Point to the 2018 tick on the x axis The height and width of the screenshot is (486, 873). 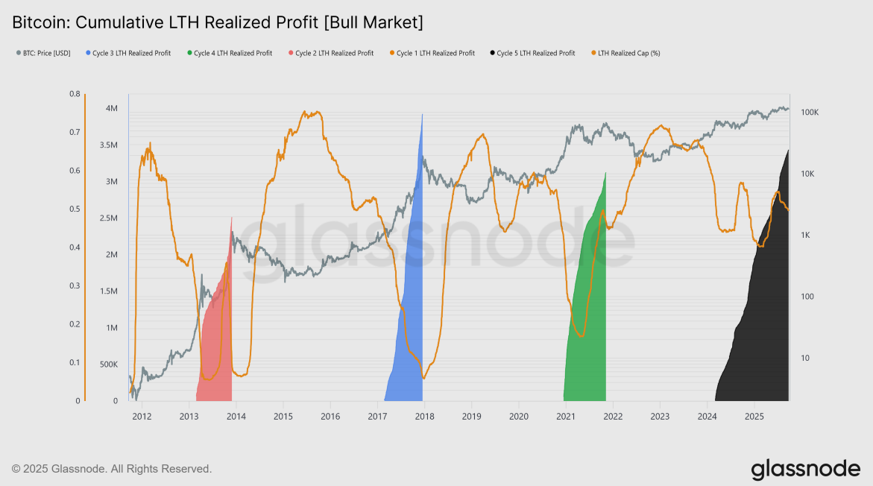point(424,415)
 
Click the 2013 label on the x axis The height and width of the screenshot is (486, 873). point(189,415)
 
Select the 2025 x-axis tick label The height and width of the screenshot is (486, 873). point(754,415)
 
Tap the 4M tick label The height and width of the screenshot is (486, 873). point(112,109)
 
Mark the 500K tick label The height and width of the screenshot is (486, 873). point(108,364)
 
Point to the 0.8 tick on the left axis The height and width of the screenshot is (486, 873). point(75,95)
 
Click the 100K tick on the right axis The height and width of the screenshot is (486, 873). point(810,113)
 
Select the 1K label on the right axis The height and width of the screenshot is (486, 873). point(807,236)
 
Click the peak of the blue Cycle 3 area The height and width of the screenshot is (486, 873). point(423,115)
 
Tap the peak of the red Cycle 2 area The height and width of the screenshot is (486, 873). point(232,218)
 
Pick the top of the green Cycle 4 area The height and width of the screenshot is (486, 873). point(605,173)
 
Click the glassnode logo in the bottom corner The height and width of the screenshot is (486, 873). point(805,469)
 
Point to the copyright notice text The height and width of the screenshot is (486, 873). point(112,469)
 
